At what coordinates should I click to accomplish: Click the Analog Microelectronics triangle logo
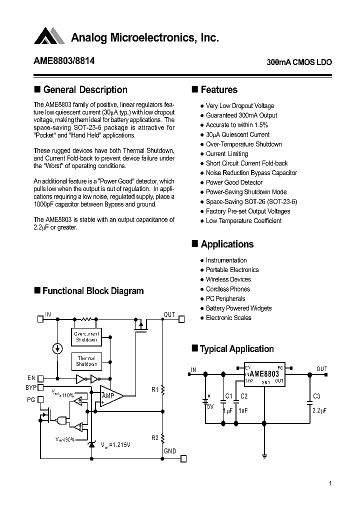[49, 36]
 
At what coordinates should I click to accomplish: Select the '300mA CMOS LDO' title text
[299, 63]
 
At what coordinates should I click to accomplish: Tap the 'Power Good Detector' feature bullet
[234, 182]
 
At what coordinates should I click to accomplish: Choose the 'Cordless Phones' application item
[227, 289]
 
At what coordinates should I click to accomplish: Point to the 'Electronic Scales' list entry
[228, 318]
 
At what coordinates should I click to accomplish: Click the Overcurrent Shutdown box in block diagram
[86, 336]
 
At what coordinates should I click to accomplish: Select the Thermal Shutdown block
[86, 361]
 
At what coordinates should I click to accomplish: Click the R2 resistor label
[154, 438]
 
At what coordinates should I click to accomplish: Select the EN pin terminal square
[40, 378]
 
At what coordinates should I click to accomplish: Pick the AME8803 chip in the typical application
[264, 373]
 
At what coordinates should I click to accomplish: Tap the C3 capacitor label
[316, 396]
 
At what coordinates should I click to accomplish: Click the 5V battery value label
[210, 407]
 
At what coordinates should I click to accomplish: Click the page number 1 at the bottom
[330, 483]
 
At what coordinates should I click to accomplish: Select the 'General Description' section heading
[85, 90]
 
